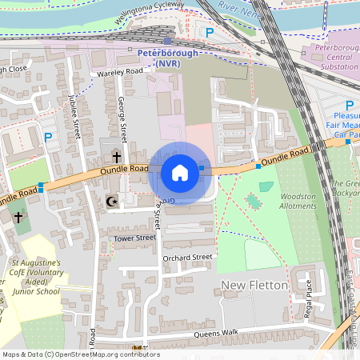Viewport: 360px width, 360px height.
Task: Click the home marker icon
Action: (180, 172)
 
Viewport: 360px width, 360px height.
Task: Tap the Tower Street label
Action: (134, 238)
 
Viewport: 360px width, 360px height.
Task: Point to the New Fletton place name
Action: (247, 286)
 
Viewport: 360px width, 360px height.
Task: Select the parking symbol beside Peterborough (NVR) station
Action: (210, 33)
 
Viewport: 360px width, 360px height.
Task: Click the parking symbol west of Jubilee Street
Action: (48, 138)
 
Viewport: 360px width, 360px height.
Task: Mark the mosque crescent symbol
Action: (111, 202)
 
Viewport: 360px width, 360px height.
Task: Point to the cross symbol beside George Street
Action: (116, 157)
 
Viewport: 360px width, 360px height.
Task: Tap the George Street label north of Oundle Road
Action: (122, 117)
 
